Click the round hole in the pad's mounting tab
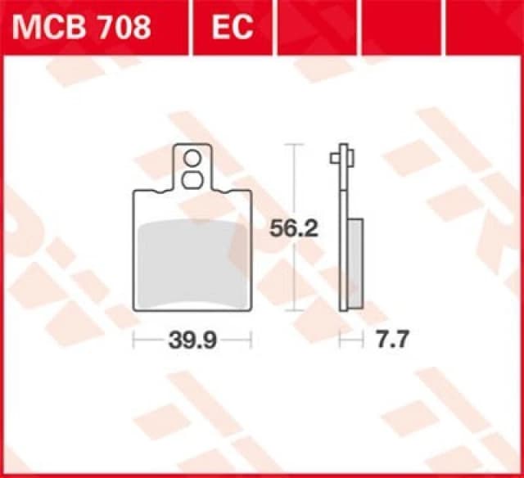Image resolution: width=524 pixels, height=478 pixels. (192, 158)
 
